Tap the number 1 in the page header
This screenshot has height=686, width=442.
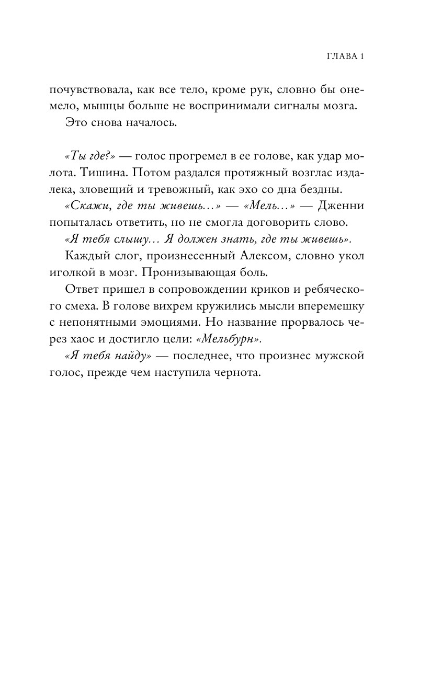point(361,56)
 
